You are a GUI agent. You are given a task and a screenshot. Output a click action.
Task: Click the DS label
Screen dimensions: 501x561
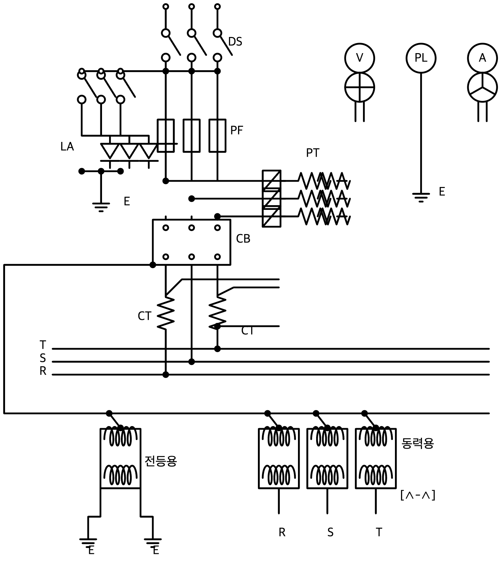(235, 41)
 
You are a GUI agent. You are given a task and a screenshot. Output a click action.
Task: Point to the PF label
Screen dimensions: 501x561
(236, 130)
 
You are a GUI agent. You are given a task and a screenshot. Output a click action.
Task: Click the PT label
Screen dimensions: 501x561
(312, 153)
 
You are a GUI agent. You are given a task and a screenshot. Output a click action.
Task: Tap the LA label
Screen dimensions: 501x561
(67, 147)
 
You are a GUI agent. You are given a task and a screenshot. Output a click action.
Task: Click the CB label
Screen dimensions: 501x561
(243, 238)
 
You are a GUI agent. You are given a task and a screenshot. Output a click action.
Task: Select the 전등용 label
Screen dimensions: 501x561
(161, 461)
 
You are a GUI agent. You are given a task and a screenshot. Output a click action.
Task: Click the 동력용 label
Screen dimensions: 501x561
(418, 443)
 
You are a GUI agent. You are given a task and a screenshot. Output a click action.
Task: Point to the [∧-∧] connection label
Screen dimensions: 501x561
(418, 495)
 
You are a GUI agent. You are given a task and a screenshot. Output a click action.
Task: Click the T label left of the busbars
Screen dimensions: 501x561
(43, 345)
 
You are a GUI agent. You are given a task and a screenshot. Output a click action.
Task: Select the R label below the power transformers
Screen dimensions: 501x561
(282, 532)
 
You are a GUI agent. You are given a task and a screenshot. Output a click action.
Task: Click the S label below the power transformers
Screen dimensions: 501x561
(330, 532)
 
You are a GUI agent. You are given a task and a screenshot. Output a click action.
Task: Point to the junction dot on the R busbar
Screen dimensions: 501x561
(166, 374)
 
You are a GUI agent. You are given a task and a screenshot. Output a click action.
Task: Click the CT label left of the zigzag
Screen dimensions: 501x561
(144, 316)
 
